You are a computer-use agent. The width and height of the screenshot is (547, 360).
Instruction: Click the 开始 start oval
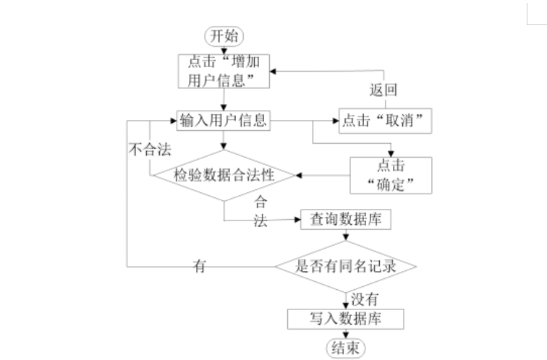click(x=224, y=36)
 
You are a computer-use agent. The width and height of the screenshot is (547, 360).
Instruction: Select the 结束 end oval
click(x=345, y=348)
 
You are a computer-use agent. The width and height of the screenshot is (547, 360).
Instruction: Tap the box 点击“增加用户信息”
click(x=224, y=71)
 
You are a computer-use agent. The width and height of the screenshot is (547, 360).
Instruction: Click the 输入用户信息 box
click(x=224, y=121)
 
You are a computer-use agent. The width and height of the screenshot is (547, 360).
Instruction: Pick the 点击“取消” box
click(x=385, y=121)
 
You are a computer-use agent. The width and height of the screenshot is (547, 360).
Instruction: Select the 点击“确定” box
click(x=391, y=175)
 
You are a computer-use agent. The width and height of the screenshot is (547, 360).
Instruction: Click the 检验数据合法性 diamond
click(x=224, y=175)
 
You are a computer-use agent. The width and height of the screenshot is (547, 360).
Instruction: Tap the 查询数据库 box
click(x=346, y=219)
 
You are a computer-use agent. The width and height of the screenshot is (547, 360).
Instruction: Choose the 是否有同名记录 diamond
click(x=346, y=267)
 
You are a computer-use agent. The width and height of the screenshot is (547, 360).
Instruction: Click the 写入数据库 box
click(x=345, y=319)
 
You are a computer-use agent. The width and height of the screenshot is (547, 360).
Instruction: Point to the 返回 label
click(x=383, y=90)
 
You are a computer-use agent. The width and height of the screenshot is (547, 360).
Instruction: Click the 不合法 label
click(x=150, y=150)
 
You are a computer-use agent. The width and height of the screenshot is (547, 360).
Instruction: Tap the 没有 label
click(x=365, y=299)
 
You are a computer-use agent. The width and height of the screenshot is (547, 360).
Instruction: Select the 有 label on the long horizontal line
click(x=199, y=266)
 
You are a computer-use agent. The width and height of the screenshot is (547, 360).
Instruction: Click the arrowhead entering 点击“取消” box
click(x=336, y=121)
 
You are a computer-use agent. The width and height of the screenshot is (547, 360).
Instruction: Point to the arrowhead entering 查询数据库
click(x=297, y=219)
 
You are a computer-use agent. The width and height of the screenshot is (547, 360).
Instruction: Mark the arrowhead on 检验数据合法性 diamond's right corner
click(x=299, y=175)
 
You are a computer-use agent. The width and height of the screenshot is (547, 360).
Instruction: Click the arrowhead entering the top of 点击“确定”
click(x=391, y=154)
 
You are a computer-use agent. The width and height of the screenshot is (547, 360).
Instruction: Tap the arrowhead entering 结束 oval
click(x=346, y=335)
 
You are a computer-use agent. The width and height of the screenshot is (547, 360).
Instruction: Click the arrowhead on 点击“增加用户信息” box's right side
click(x=273, y=72)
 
